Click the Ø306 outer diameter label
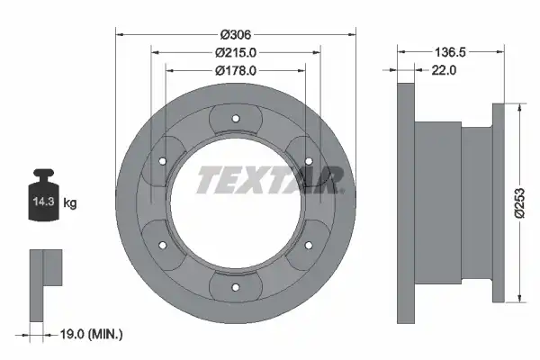[236, 34]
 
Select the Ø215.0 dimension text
[236, 53]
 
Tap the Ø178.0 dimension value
[236, 70]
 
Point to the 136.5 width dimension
[450, 52]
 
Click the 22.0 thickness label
[444, 70]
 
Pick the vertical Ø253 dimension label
[519, 202]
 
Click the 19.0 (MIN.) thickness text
[91, 334]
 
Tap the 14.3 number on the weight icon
[44, 202]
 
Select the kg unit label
[70, 202]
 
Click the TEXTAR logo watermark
[270, 180]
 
